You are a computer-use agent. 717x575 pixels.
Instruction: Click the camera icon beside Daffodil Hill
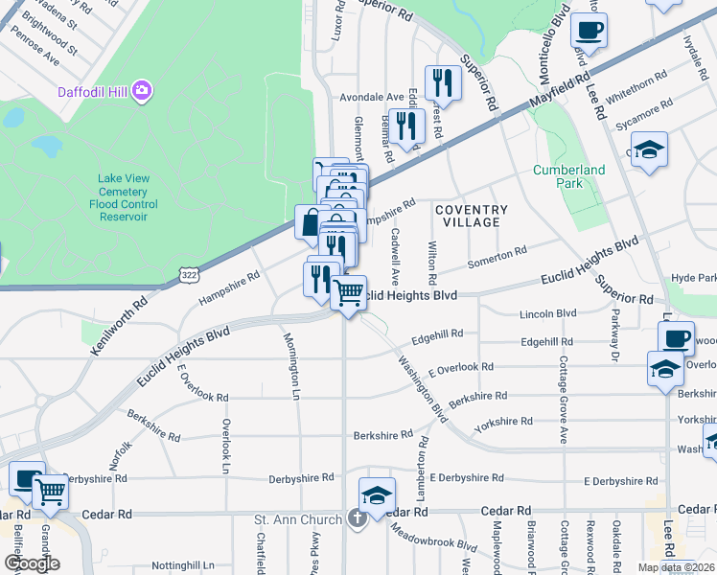coord(143,91)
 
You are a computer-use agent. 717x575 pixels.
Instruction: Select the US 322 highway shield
coord(187,276)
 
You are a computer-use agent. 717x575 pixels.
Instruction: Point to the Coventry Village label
coord(471,216)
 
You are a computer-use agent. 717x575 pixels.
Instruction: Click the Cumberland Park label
coord(569,176)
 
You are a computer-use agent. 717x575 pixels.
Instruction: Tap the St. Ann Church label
coord(298,520)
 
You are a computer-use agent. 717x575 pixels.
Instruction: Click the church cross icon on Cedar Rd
coord(358,520)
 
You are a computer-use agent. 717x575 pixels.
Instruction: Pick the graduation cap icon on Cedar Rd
coord(378,494)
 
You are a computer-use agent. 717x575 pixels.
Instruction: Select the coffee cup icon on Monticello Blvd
coord(590,29)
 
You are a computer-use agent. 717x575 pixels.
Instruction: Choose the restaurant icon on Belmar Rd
coord(407,126)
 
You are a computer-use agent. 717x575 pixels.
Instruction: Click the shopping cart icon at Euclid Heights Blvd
coord(349,291)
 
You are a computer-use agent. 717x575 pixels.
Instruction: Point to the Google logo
coord(33,563)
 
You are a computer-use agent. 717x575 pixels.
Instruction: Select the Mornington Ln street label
coord(291,364)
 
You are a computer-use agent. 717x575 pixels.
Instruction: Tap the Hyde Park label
coord(694,278)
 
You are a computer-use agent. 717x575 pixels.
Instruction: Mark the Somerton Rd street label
coord(497,256)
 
